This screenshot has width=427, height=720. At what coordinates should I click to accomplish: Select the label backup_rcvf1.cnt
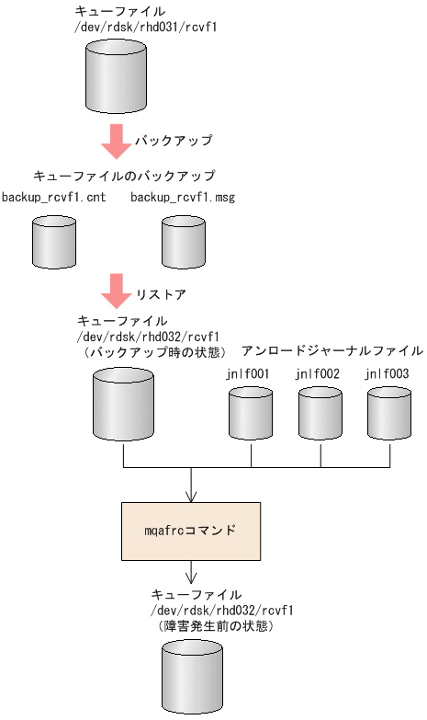point(53,198)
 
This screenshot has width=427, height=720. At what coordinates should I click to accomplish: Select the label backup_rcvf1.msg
point(183,198)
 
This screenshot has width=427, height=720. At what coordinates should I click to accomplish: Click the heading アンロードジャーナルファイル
point(331,350)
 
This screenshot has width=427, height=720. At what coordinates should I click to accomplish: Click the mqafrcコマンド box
point(191,531)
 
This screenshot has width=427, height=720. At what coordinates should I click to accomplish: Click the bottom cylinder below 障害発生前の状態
point(193,678)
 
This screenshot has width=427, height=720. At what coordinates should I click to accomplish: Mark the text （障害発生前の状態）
point(217,626)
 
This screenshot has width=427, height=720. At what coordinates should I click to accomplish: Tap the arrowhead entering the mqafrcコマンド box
point(191,497)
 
